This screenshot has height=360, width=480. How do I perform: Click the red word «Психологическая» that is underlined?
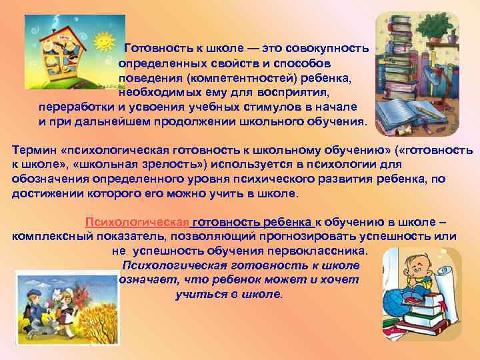[137, 223]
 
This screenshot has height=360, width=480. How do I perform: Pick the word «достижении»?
[46, 194]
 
